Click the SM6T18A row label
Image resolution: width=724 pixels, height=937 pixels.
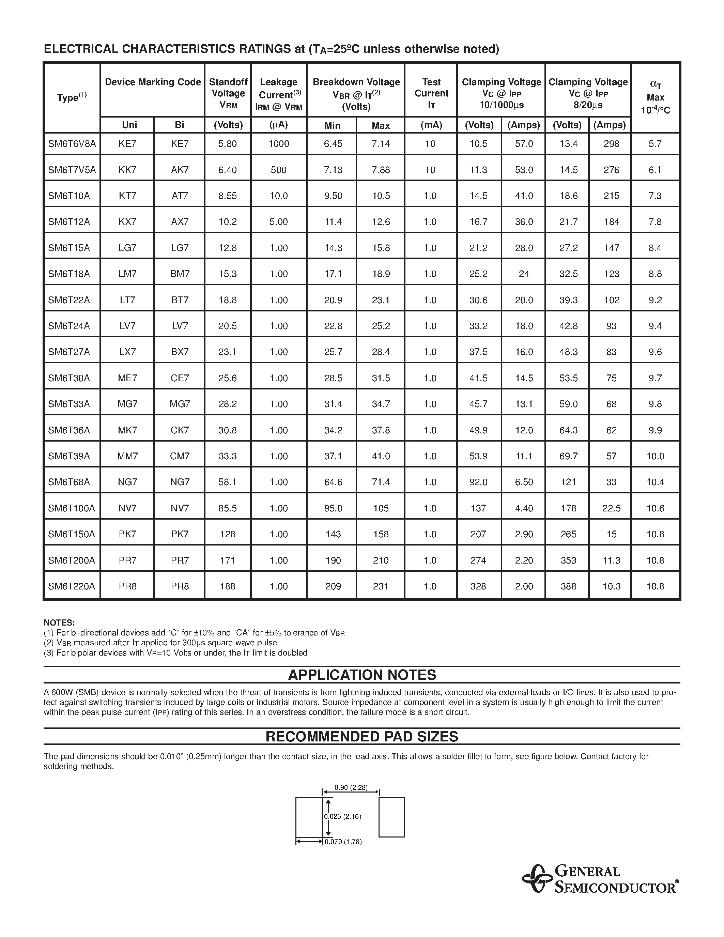69,274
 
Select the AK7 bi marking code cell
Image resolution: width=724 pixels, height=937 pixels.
179,170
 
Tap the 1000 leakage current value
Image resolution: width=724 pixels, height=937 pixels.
279,144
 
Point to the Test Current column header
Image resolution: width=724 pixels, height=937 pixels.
431,93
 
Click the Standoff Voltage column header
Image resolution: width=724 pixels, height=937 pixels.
228,93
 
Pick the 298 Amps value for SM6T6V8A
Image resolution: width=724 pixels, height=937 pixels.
611,144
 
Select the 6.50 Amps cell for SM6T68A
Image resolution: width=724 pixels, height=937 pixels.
524,482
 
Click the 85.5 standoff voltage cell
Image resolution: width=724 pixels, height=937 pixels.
227,508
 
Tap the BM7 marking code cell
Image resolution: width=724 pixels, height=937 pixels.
179,274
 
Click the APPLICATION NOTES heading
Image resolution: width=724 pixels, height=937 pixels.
362,675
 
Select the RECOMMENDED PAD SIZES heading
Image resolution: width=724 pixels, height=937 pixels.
362,737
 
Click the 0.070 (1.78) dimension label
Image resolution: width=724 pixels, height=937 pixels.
343,842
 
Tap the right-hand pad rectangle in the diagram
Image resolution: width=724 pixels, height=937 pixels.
391,817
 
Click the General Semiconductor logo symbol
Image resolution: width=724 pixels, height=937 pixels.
537,879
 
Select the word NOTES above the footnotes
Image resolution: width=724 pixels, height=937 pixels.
59,623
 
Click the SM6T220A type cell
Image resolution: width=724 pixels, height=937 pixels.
72,586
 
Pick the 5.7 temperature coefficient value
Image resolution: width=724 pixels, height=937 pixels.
655,144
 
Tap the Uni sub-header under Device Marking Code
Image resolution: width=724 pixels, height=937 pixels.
129,125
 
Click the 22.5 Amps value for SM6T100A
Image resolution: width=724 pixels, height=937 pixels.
611,508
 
